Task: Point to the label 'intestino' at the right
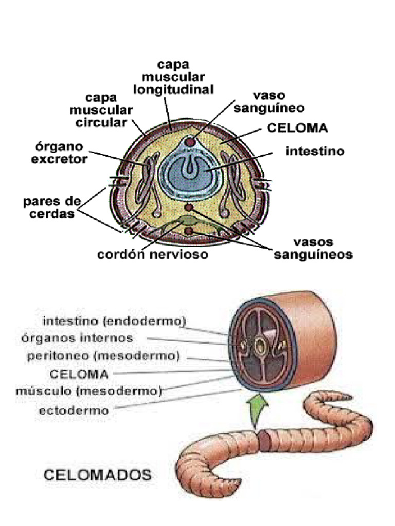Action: click(315, 152)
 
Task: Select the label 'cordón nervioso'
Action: click(153, 254)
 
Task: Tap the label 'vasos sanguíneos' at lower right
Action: click(312, 248)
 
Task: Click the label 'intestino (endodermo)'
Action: click(114, 322)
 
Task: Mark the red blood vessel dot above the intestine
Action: click(191, 141)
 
